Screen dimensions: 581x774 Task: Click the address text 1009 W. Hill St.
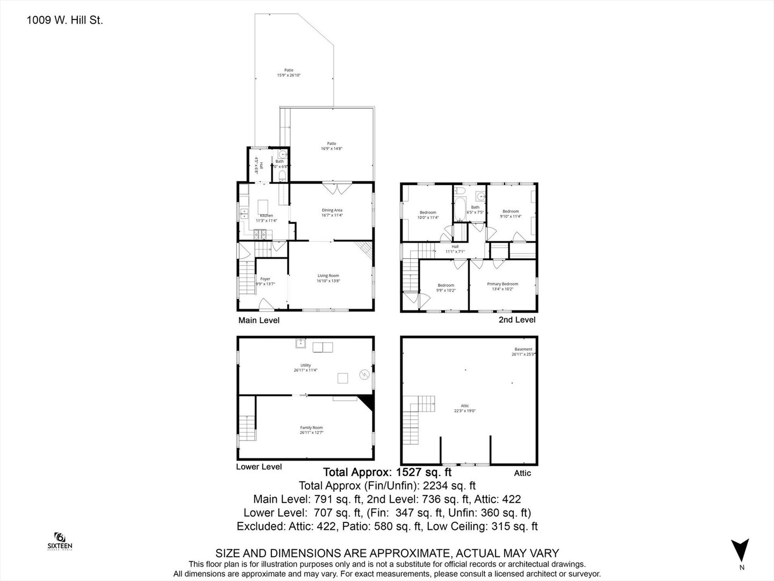coord(64,21)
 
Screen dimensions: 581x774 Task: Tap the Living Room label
coord(328,278)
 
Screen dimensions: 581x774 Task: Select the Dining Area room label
coord(332,212)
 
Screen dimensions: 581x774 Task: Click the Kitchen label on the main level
coord(266,217)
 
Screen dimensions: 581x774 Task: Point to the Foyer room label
coord(265,281)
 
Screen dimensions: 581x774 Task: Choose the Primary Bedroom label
coord(503,286)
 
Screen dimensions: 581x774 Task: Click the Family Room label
coord(311,430)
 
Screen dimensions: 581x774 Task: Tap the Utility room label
coord(305,367)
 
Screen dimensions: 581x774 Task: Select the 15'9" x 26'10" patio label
coord(289,73)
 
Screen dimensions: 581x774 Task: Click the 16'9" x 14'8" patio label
coord(332,146)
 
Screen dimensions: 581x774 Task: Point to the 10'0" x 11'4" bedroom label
coord(428,215)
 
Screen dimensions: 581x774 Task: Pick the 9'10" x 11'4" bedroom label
coord(510,214)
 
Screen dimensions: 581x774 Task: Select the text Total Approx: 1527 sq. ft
coord(386,472)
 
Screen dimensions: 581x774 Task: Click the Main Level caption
coord(259,320)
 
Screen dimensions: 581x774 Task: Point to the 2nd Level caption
coord(517,320)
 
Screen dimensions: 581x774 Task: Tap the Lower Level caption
coord(259,466)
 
